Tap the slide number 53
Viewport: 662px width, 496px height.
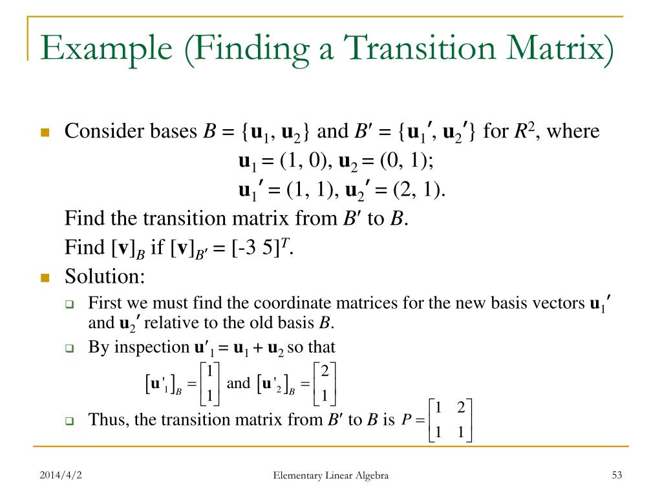click(616, 476)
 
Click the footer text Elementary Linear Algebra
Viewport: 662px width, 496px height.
click(331, 476)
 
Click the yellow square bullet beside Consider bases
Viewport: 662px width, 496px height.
click(45, 133)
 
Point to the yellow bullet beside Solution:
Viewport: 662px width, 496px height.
click(45, 278)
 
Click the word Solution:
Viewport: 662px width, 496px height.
click(105, 276)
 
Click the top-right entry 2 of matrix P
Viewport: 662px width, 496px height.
click(460, 408)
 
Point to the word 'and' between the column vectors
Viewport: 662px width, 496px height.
click(239, 383)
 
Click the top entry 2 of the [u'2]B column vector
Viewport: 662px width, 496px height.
click(325, 371)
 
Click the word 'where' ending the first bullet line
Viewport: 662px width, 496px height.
click(573, 132)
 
